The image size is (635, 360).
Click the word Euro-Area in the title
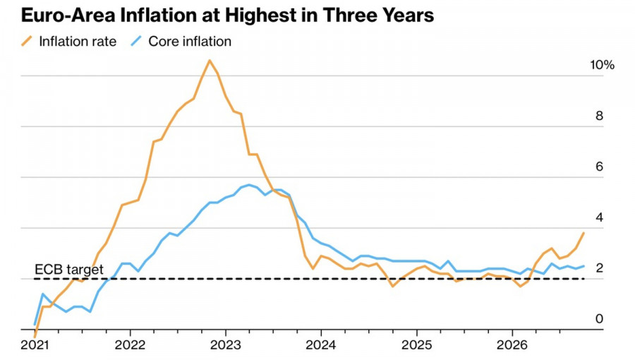pyautogui.click(x=68, y=16)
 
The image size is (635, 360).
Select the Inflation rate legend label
pyautogui.click(x=78, y=42)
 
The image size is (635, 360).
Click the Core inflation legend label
pyautogui.click(x=190, y=42)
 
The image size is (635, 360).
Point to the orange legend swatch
pyautogui.click(x=27, y=42)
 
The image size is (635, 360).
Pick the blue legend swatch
pyautogui.click(x=136, y=42)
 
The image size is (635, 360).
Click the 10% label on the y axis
pyautogui.click(x=603, y=65)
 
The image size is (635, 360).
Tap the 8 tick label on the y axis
pyautogui.click(x=599, y=116)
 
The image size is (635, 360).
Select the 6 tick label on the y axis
pyautogui.click(x=599, y=167)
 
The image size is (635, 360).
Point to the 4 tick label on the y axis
pyautogui.click(x=599, y=217)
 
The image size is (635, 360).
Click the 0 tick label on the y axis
pyautogui.click(x=599, y=318)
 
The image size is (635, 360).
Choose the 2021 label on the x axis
pyautogui.click(x=35, y=345)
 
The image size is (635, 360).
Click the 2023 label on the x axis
pyautogui.click(x=226, y=345)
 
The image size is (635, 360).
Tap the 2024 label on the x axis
pyautogui.click(x=321, y=345)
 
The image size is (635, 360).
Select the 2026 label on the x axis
pyautogui.click(x=512, y=345)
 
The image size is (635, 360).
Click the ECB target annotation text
pyautogui.click(x=69, y=269)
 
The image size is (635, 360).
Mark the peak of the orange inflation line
pyautogui.click(x=210, y=61)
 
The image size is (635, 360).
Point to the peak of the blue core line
pyautogui.click(x=249, y=185)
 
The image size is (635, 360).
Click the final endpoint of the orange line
pyautogui.click(x=583, y=233)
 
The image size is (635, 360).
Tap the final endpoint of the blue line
pyautogui.click(x=583, y=266)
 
